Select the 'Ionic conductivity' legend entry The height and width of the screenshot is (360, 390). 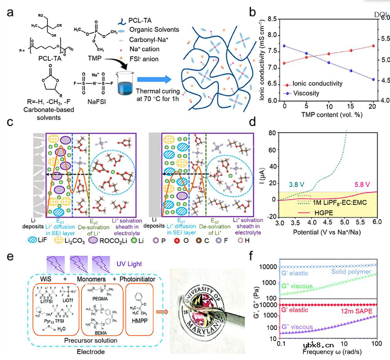pos(326,84)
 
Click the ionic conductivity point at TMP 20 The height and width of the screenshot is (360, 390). pos(373,46)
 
